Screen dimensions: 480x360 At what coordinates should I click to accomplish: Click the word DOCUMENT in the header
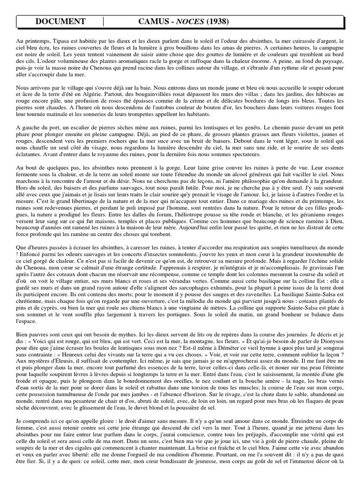(x=60, y=21)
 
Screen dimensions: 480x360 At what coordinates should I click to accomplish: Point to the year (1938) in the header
(x=217, y=21)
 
